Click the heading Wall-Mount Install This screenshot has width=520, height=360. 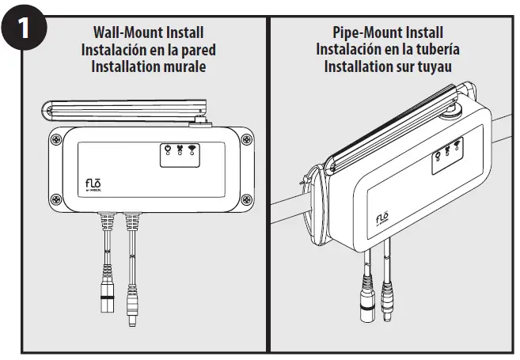[x=148, y=33]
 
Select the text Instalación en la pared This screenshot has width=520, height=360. [x=148, y=50]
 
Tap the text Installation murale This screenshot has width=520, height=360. [x=148, y=66]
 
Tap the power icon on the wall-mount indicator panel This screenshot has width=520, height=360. [x=167, y=149]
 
